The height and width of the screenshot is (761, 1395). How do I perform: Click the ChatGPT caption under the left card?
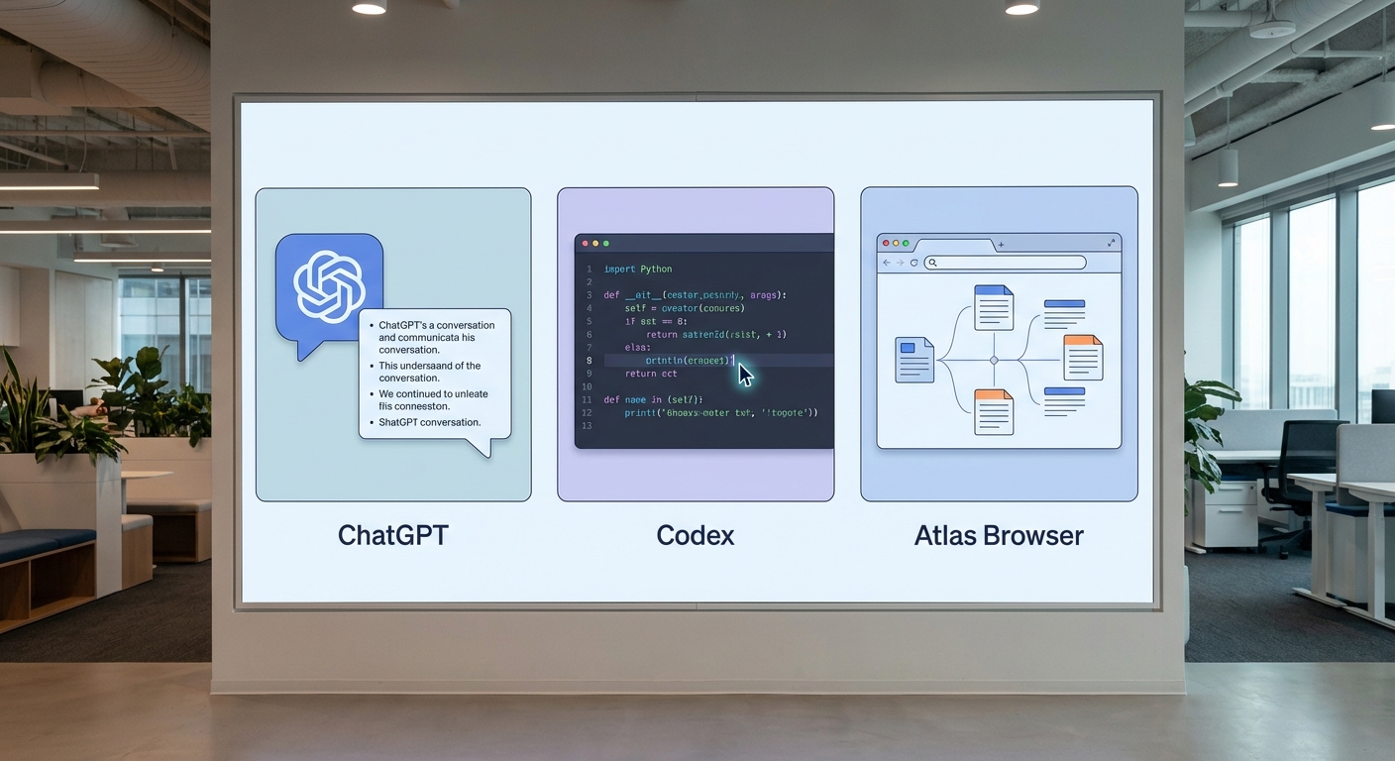[392, 536]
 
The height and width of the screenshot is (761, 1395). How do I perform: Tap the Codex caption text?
[695, 536]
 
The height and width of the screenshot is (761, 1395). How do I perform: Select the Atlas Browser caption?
[999, 536]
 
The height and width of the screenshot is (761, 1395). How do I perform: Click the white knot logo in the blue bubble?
[329, 286]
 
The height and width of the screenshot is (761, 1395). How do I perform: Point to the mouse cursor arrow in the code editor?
[745, 374]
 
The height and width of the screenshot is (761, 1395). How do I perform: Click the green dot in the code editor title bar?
[606, 243]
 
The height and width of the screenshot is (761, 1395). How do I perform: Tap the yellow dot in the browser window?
[896, 243]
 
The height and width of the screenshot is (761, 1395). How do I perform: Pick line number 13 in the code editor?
[588, 426]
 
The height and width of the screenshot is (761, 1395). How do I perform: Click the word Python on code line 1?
[656, 269]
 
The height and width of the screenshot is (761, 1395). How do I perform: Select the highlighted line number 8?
[589, 361]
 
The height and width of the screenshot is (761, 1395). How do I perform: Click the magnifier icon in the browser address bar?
[933, 263]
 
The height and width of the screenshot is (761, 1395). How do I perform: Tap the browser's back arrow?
[887, 263]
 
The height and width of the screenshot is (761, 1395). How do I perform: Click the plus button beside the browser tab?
[1001, 244]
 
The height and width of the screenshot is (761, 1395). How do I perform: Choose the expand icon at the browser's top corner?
[1112, 242]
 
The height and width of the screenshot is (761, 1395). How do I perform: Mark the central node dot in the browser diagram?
[994, 360]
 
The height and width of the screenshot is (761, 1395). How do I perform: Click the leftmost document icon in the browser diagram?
[914, 360]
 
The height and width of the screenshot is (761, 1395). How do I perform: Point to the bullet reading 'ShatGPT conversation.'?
[429, 422]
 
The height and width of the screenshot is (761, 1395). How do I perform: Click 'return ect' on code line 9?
[651, 374]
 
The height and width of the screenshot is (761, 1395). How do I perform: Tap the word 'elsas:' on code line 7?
[638, 348]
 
